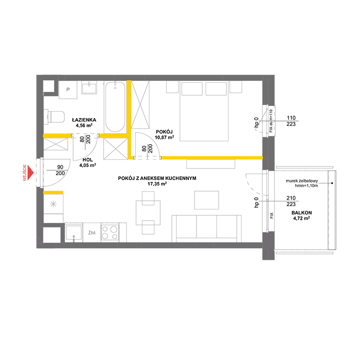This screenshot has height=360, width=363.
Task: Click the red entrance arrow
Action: click(x=30, y=172)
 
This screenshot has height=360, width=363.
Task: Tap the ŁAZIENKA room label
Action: click(x=84, y=120)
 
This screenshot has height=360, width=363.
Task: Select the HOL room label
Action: click(x=88, y=160)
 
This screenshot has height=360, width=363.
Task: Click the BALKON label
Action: click(x=302, y=213)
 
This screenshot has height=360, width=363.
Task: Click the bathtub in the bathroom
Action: click(x=115, y=107)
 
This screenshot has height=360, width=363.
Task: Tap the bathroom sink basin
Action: click(x=89, y=88)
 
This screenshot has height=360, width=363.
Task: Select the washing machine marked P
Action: click(x=68, y=90)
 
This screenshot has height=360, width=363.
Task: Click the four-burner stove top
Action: click(x=110, y=232)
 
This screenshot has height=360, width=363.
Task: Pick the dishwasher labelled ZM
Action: click(x=92, y=233)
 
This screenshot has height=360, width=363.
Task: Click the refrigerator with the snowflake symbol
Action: click(x=53, y=204)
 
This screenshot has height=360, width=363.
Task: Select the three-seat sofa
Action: click(x=207, y=228)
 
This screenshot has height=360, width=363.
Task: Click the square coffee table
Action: click(x=207, y=200)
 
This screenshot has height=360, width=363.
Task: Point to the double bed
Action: click(x=204, y=111)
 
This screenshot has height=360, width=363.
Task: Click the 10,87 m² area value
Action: click(x=165, y=137)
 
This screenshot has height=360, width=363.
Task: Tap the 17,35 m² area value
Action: click(x=157, y=184)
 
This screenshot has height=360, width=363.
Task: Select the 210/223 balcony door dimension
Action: click(x=291, y=201)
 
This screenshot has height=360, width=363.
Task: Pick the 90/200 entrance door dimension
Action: click(x=60, y=170)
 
